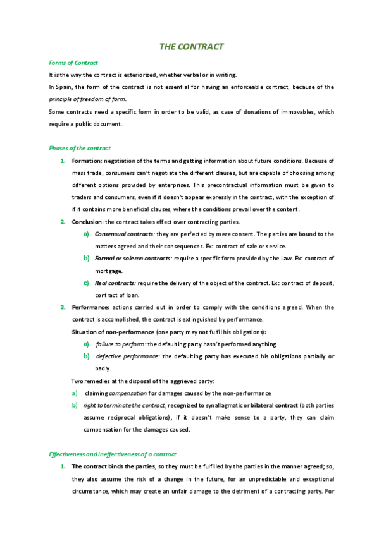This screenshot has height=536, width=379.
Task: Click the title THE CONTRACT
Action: pyautogui.click(x=190, y=47)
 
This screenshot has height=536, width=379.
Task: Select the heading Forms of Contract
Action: pyautogui.click(x=73, y=63)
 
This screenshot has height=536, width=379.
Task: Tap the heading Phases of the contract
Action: pyautogui.click(x=80, y=148)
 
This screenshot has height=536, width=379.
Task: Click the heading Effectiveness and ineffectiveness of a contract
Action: pyautogui.click(x=112, y=454)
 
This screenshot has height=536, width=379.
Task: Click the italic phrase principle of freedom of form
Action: pyautogui.click(x=87, y=99)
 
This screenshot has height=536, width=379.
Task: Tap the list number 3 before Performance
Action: pyautogui.click(x=63, y=307)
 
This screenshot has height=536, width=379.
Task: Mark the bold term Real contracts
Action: pyautogui.click(x=114, y=283)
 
